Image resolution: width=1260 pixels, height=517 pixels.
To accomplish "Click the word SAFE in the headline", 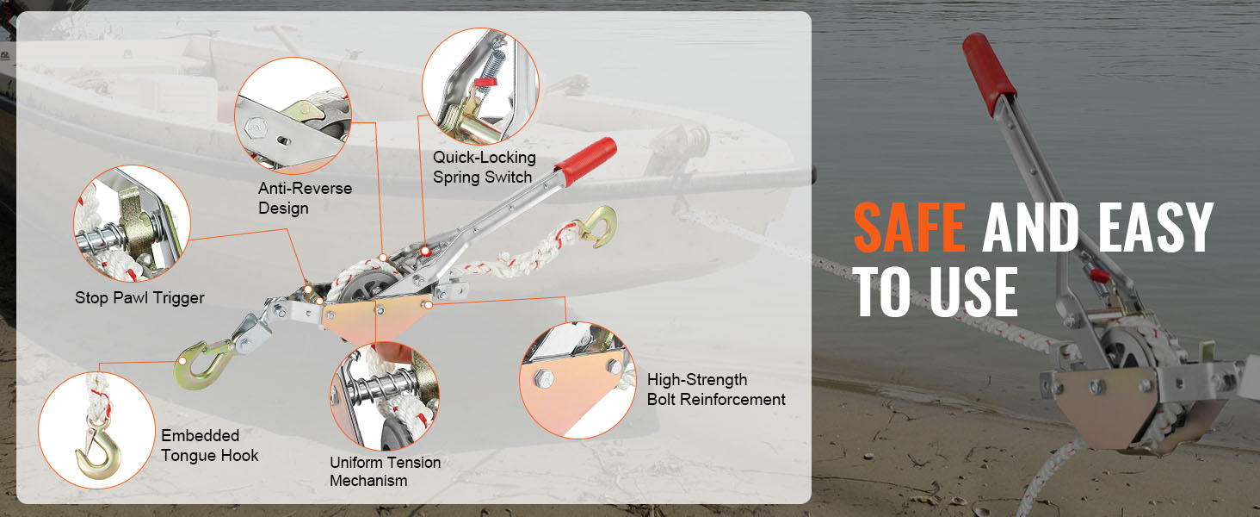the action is pyautogui.click(x=909, y=227).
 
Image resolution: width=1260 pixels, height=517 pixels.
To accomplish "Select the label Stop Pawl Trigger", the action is pyautogui.click(x=139, y=298).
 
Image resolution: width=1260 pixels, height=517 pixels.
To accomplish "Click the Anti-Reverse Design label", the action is pyautogui.click(x=305, y=198).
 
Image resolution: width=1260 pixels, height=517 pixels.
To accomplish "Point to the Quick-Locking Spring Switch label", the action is pyautogui.click(x=484, y=167).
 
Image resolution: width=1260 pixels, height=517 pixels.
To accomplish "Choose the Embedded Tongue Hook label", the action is pyautogui.click(x=209, y=445).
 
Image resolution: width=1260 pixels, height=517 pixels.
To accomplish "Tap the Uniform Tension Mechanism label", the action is pyautogui.click(x=385, y=471).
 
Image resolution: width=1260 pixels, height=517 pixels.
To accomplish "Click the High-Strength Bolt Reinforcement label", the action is pyautogui.click(x=715, y=389).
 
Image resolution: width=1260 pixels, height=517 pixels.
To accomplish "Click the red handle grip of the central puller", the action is pyautogui.click(x=585, y=161).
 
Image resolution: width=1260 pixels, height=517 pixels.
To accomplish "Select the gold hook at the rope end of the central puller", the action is pyautogui.click(x=600, y=227).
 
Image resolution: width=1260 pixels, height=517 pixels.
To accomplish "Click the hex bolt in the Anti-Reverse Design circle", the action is pyautogui.click(x=256, y=128).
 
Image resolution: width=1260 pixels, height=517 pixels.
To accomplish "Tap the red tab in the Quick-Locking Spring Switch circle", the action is pyautogui.click(x=485, y=82).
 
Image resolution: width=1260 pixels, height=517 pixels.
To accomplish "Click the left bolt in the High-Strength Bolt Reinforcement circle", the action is pyautogui.click(x=543, y=378).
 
